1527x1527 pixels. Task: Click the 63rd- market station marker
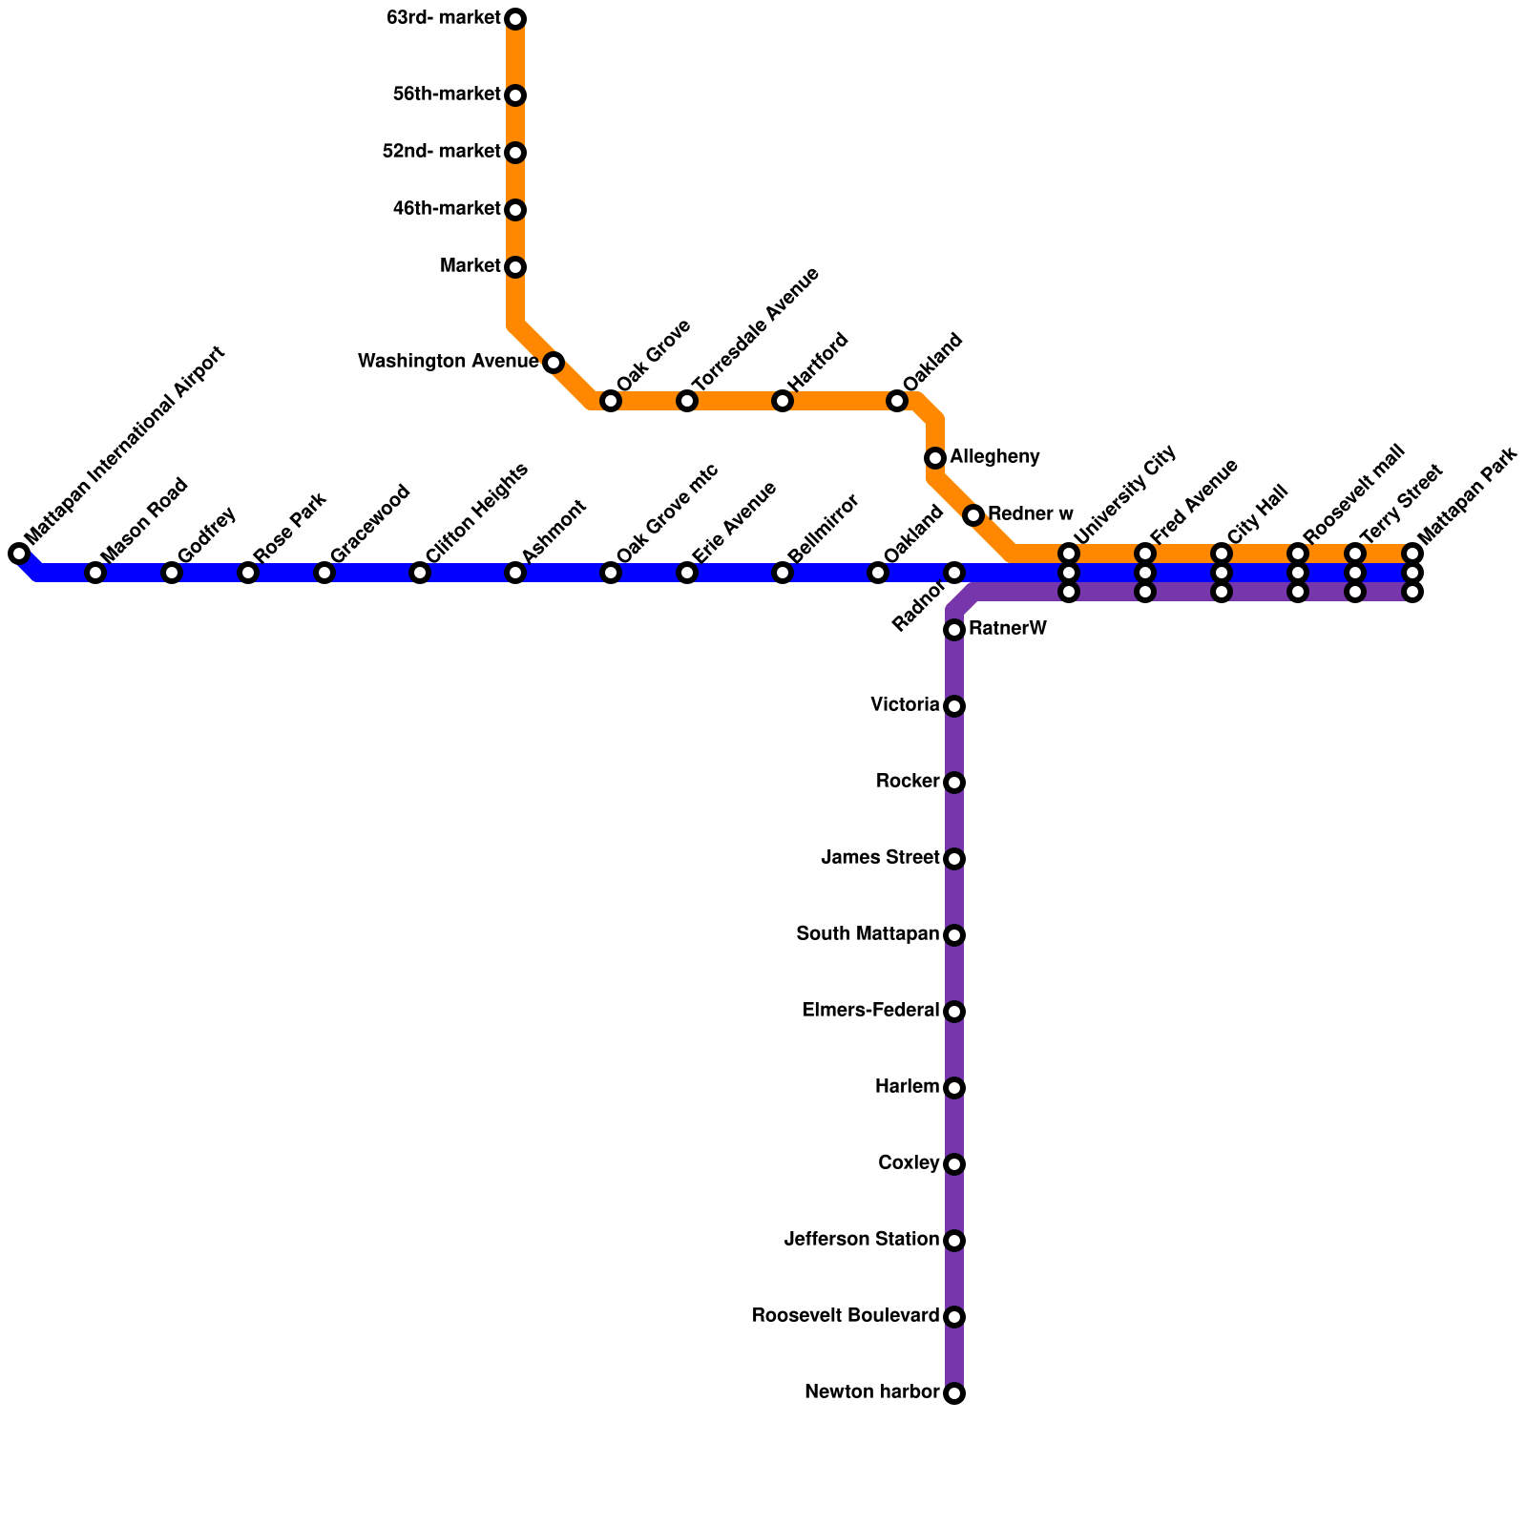pos(515,19)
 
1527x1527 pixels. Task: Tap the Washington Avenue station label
pos(448,362)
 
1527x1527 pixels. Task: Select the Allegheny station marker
pos(935,458)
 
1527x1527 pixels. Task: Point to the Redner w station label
pos(1030,514)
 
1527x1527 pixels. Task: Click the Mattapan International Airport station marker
pos(19,554)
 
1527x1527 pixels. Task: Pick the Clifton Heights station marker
pos(420,573)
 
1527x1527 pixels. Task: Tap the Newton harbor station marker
pos(954,1393)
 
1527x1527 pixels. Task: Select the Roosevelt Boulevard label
pos(845,1316)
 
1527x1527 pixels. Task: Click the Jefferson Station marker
pos(954,1241)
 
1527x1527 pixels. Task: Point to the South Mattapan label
pos(868,934)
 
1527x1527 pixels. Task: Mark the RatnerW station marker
pos(954,630)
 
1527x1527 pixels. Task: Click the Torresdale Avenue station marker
pos(687,401)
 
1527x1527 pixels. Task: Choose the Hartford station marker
pos(783,401)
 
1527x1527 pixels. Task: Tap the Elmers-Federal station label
pos(870,1011)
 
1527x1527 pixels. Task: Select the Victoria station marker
pos(954,706)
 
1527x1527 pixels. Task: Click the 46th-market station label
pos(447,209)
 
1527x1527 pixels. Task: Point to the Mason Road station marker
pos(95,573)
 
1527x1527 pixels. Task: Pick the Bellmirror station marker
pos(783,573)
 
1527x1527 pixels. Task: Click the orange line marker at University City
pos(1069,554)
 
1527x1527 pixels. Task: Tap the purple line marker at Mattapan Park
pos(1412,592)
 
